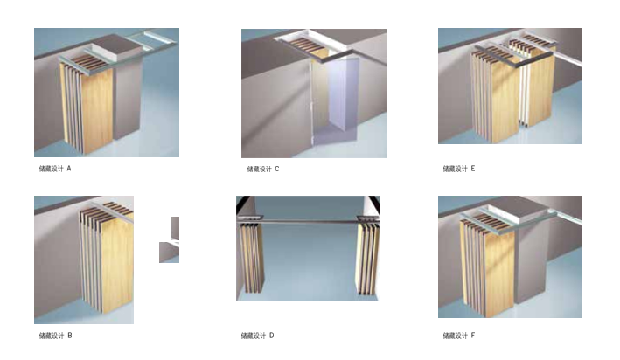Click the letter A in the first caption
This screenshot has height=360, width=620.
pyautogui.click(x=69, y=168)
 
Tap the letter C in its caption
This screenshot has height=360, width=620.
pyautogui.click(x=276, y=168)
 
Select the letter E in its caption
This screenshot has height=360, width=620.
pyautogui.click(x=472, y=168)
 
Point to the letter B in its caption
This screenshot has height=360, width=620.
pyautogui.click(x=69, y=335)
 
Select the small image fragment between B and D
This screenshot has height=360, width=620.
pyautogui.click(x=170, y=240)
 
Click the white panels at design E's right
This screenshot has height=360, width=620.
pyautogui.click(x=525, y=96)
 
